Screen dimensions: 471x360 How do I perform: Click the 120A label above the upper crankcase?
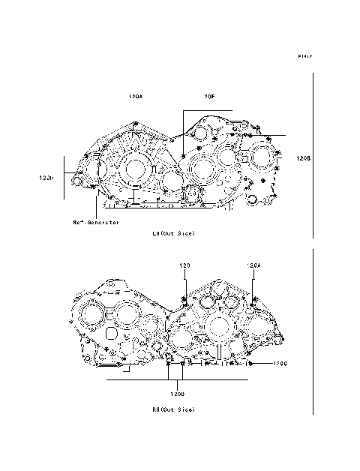[136, 97]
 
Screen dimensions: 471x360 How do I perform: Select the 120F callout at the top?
[208, 97]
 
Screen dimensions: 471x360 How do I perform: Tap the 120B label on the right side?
[303, 158]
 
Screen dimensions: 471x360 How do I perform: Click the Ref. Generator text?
[95, 222]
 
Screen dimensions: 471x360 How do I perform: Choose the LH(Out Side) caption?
[173, 233]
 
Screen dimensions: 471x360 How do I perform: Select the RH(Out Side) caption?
[173, 409]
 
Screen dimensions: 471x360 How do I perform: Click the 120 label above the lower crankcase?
[184, 265]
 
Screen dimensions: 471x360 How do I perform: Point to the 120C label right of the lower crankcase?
[280, 364]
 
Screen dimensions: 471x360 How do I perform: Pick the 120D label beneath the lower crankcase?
[176, 393]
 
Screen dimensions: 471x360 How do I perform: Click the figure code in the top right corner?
[304, 56]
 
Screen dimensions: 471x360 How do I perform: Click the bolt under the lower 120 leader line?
[184, 300]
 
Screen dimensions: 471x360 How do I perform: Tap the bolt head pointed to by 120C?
[250, 364]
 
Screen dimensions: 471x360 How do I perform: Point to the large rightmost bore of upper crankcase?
[263, 157]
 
